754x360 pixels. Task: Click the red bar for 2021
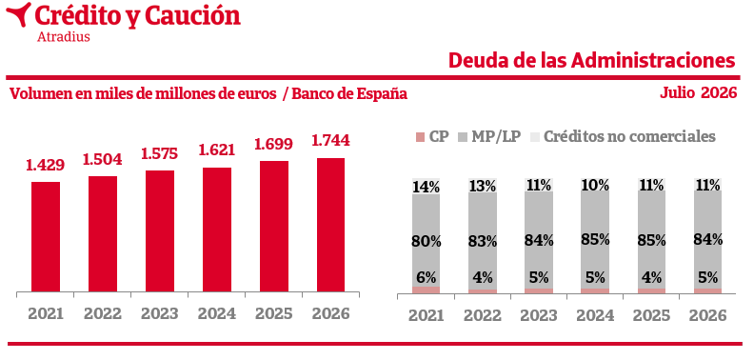(46, 237)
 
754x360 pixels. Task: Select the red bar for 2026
(331, 225)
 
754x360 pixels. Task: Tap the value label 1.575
(160, 153)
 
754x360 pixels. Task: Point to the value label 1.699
(273, 144)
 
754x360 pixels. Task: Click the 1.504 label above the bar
(103, 159)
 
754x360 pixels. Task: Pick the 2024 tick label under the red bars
(217, 313)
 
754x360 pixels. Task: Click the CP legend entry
(432, 137)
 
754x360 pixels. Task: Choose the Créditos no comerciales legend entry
(623, 137)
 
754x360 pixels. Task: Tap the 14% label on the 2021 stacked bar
(427, 187)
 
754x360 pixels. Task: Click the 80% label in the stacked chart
(427, 241)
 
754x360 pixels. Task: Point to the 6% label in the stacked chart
(427, 278)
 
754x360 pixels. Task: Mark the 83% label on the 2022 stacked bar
(483, 241)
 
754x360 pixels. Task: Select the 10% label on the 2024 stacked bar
(595, 186)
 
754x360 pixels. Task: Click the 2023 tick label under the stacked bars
(539, 316)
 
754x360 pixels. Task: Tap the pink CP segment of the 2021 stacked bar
(427, 290)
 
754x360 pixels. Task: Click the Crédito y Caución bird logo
(18, 13)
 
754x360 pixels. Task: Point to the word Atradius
(64, 36)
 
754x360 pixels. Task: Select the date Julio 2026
(698, 92)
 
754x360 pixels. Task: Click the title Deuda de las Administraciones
(592, 61)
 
